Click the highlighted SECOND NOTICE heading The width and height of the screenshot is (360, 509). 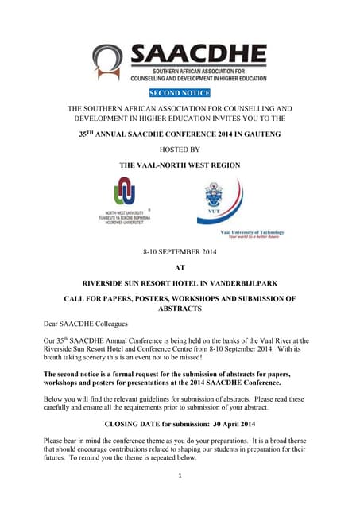coord(180,93)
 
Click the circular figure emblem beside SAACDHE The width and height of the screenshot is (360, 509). coord(108,62)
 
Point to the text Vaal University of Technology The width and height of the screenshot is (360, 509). coord(250,231)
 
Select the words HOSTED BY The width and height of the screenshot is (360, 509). coord(180,150)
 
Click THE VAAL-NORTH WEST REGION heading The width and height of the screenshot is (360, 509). coord(180,165)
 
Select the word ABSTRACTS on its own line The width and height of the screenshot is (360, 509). coord(180,309)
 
